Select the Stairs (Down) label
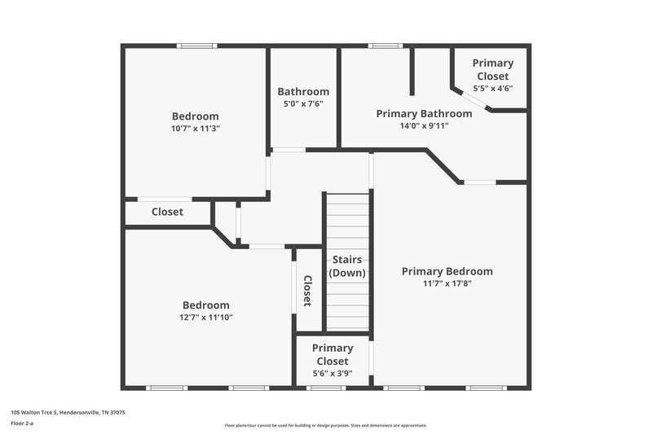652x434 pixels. pyautogui.click(x=347, y=266)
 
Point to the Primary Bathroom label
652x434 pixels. pyautogui.click(x=424, y=113)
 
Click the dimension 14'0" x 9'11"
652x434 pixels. pyautogui.click(x=424, y=125)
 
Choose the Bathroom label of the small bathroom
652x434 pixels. pyautogui.click(x=303, y=92)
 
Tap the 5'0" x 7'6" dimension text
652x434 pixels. pyautogui.click(x=303, y=103)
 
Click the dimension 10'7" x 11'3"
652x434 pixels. pyautogui.click(x=196, y=128)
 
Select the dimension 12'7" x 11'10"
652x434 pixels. pyautogui.click(x=206, y=318)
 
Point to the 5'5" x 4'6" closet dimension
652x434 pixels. pyautogui.click(x=493, y=88)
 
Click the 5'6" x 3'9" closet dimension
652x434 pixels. pyautogui.click(x=333, y=373)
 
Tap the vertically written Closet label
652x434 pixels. pyautogui.click(x=307, y=291)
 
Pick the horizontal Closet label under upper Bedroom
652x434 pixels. pyautogui.click(x=168, y=212)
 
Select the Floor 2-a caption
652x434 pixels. pyautogui.click(x=22, y=423)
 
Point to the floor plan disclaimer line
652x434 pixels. pyautogui.click(x=325, y=425)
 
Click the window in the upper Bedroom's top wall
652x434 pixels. pyautogui.click(x=197, y=46)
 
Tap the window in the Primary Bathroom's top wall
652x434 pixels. pyautogui.click(x=385, y=46)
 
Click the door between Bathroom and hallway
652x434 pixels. pyautogui.click(x=288, y=150)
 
